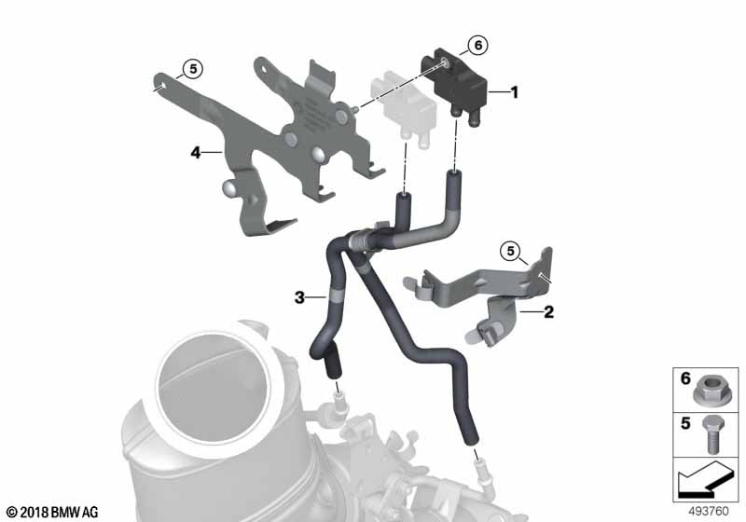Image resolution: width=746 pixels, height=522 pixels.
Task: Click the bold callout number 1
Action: click(x=514, y=91)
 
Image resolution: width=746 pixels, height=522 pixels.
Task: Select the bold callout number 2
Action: click(x=548, y=312)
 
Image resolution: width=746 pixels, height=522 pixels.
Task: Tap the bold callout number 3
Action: click(x=299, y=297)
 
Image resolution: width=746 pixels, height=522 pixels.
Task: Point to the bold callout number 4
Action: click(x=196, y=153)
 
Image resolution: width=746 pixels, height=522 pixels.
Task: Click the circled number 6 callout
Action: click(x=478, y=45)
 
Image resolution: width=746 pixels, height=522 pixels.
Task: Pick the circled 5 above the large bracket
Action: click(x=193, y=68)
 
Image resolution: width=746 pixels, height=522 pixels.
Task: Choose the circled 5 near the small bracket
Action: click(x=510, y=251)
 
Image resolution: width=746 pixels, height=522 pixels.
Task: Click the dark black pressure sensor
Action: click(x=455, y=87)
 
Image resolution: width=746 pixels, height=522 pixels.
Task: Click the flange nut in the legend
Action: click(x=707, y=392)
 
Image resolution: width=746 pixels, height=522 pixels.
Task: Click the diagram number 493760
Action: click(x=709, y=511)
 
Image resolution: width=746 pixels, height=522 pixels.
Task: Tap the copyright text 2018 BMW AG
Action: click(x=53, y=512)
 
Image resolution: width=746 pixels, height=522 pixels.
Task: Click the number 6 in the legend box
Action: click(x=685, y=378)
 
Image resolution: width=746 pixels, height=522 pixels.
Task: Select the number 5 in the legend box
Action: click(x=685, y=422)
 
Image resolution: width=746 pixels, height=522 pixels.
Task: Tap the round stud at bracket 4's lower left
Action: click(x=228, y=187)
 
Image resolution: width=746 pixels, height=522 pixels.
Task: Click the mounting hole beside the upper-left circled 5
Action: click(x=160, y=86)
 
